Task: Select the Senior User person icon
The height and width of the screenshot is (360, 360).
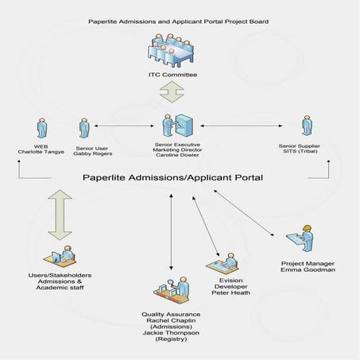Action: (83, 129)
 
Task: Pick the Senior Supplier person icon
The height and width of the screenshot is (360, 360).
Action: (305, 127)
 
